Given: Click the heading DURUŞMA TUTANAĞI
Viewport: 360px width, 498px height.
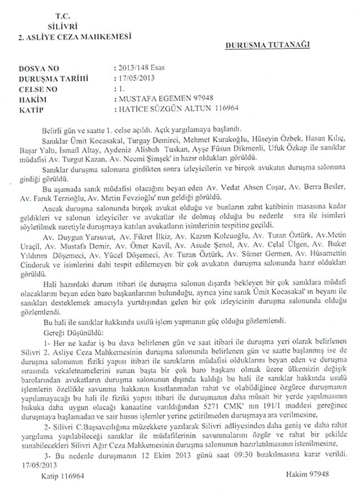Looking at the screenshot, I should pos(268,44).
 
